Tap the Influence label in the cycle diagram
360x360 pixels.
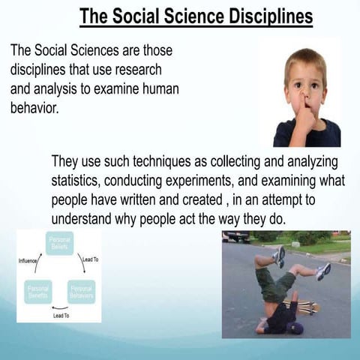pyautogui.click(x=28, y=261)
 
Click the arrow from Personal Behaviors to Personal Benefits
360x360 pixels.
pyautogui.click(x=59, y=307)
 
